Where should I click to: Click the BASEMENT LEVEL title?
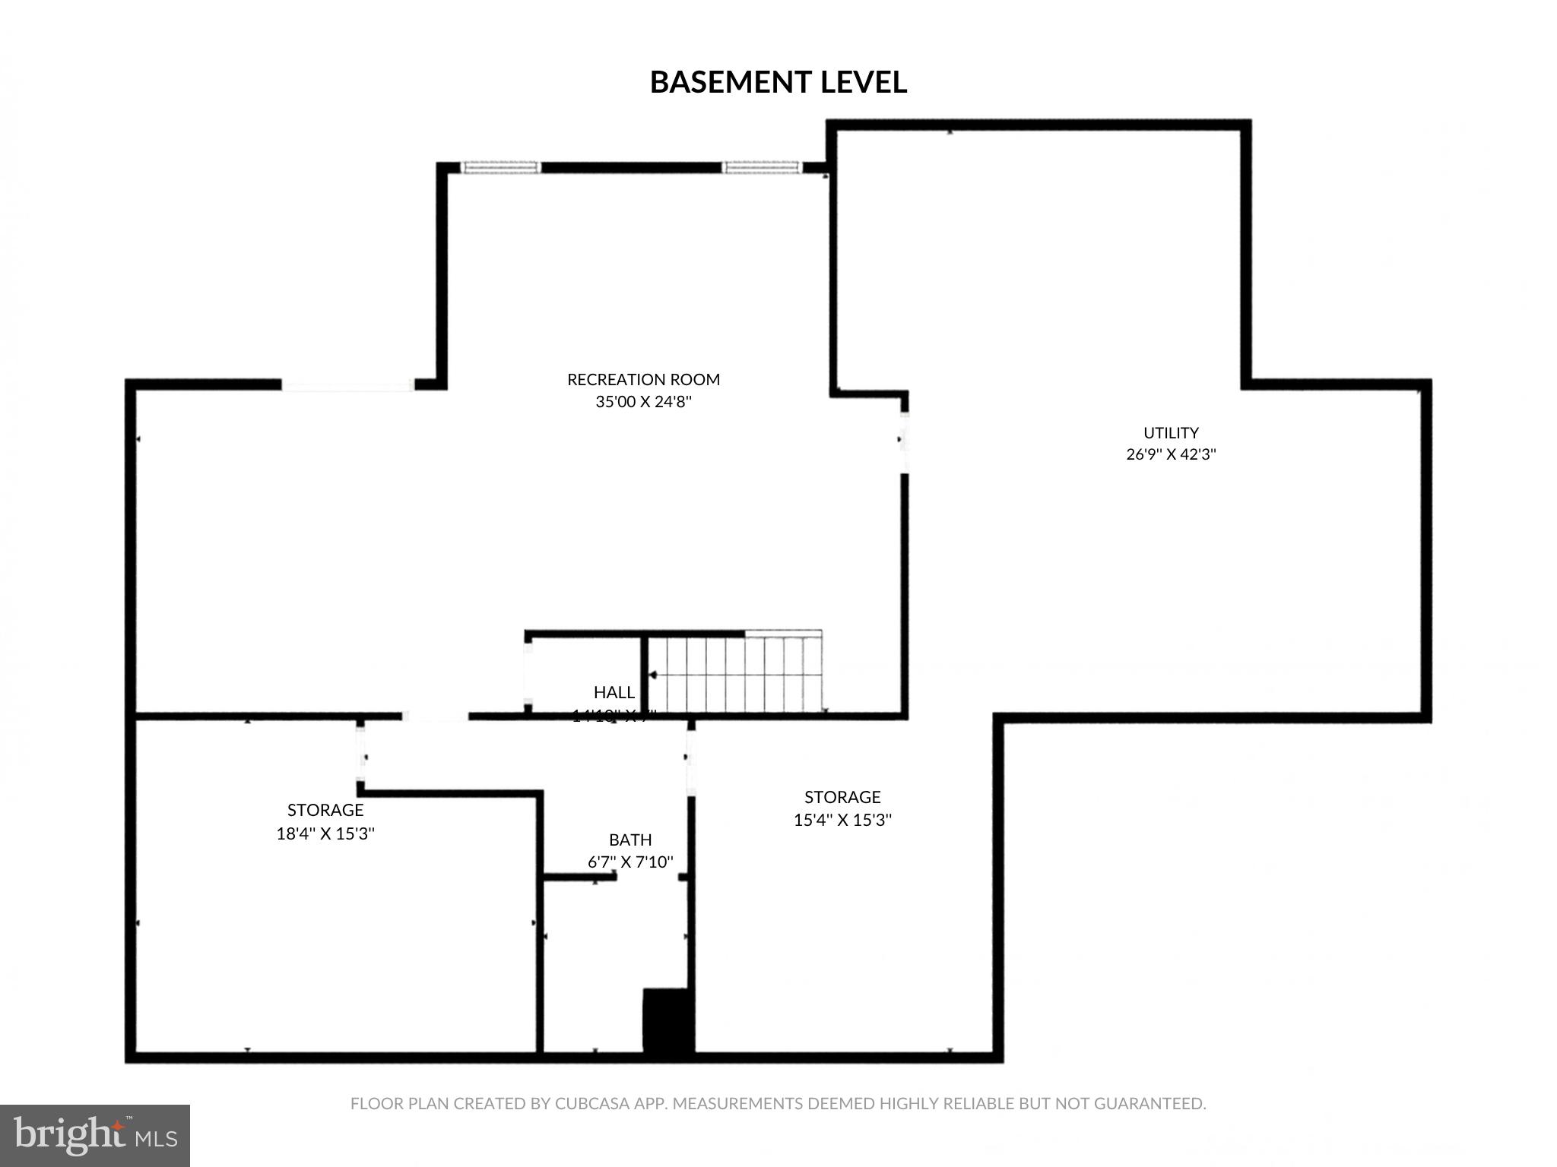pyautogui.click(x=778, y=82)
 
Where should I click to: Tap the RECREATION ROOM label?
pyautogui.click(x=643, y=379)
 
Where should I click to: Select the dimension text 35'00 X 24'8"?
pyautogui.click(x=643, y=401)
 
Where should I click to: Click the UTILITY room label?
pyautogui.click(x=1171, y=432)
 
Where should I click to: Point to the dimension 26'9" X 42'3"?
pyautogui.click(x=1171, y=454)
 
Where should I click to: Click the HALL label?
pyautogui.click(x=614, y=692)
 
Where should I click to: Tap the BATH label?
pyautogui.click(x=630, y=840)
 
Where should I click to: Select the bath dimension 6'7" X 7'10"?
pyautogui.click(x=630, y=862)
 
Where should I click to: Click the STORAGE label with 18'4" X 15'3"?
pyautogui.click(x=325, y=810)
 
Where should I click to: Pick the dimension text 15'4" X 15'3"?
pyautogui.click(x=842, y=820)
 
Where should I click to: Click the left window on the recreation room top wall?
pyautogui.click(x=502, y=167)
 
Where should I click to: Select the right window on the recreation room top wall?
pyautogui.click(x=762, y=167)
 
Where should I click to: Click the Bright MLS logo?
pyautogui.click(x=95, y=1135)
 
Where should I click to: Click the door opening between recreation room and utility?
pyautogui.click(x=904, y=441)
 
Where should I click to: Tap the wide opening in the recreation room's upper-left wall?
pyautogui.click(x=347, y=385)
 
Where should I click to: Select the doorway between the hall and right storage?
pyautogui.click(x=690, y=757)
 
